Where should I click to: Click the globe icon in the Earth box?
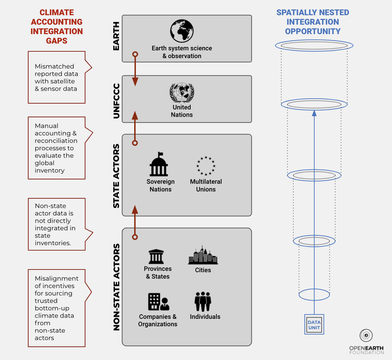(182, 31)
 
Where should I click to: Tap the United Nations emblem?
(182, 93)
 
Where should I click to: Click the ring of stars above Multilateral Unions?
(206, 166)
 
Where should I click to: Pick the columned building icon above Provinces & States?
(156, 257)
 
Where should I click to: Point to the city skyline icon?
(203, 255)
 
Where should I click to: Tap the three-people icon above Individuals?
(203, 302)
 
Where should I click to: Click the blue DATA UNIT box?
(314, 325)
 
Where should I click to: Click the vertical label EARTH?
(116, 36)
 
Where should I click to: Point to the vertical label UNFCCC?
(116, 101)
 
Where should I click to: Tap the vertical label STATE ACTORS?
(116, 176)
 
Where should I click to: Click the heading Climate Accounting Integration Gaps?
(57, 27)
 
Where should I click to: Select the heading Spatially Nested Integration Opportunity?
(313, 22)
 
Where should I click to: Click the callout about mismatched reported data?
(56, 77)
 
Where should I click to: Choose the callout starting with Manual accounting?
(56, 148)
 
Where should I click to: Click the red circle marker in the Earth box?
(135, 54)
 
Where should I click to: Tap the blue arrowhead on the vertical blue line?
(314, 113)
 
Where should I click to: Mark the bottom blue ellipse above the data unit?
(314, 294)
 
